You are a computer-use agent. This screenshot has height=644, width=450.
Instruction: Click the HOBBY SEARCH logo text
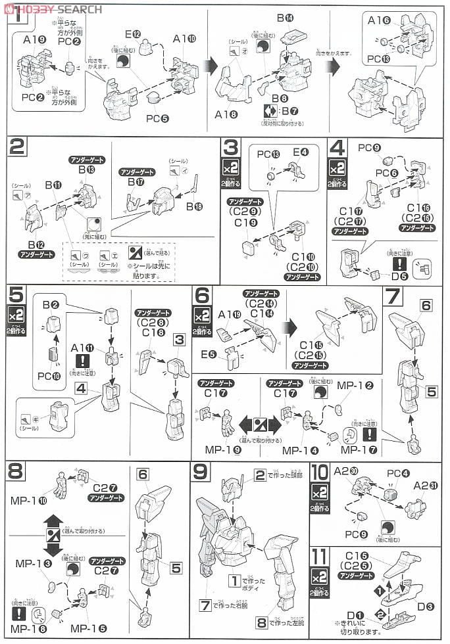point(55,8)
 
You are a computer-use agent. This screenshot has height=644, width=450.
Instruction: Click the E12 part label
point(134,34)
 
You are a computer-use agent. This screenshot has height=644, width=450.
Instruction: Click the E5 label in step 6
point(209,355)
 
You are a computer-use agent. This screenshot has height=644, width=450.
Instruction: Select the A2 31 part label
point(427,486)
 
